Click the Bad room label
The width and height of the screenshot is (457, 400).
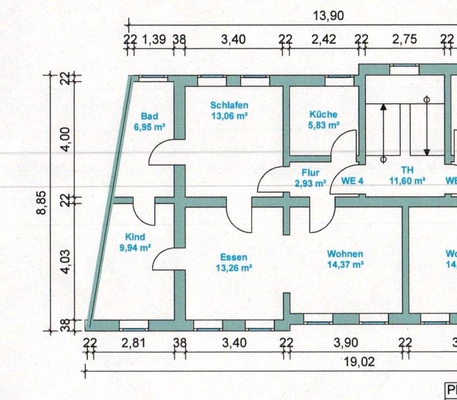(149, 116)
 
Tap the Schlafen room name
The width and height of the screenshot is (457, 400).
(229, 105)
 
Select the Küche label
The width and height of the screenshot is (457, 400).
(323, 115)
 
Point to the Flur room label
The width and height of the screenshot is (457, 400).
(310, 173)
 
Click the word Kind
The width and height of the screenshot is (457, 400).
(135, 237)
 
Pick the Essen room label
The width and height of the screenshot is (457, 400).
(233, 258)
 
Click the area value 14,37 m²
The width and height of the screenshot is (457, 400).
(345, 264)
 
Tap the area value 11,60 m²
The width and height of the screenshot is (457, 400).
(407, 181)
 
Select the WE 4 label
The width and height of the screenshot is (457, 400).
(352, 181)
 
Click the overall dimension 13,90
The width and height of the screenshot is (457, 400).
(328, 16)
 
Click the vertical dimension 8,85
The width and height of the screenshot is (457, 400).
(42, 202)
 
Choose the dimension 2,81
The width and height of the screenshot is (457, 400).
(133, 342)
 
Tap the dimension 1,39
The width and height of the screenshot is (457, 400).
(154, 40)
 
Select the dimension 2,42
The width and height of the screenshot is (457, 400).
(324, 40)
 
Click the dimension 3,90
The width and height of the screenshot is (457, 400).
(346, 342)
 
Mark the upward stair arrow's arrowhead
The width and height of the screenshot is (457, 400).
(383, 107)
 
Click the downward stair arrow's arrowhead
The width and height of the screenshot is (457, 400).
(427, 152)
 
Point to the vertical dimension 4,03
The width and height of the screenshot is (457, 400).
(67, 262)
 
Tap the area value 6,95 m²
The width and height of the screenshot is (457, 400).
(149, 127)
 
